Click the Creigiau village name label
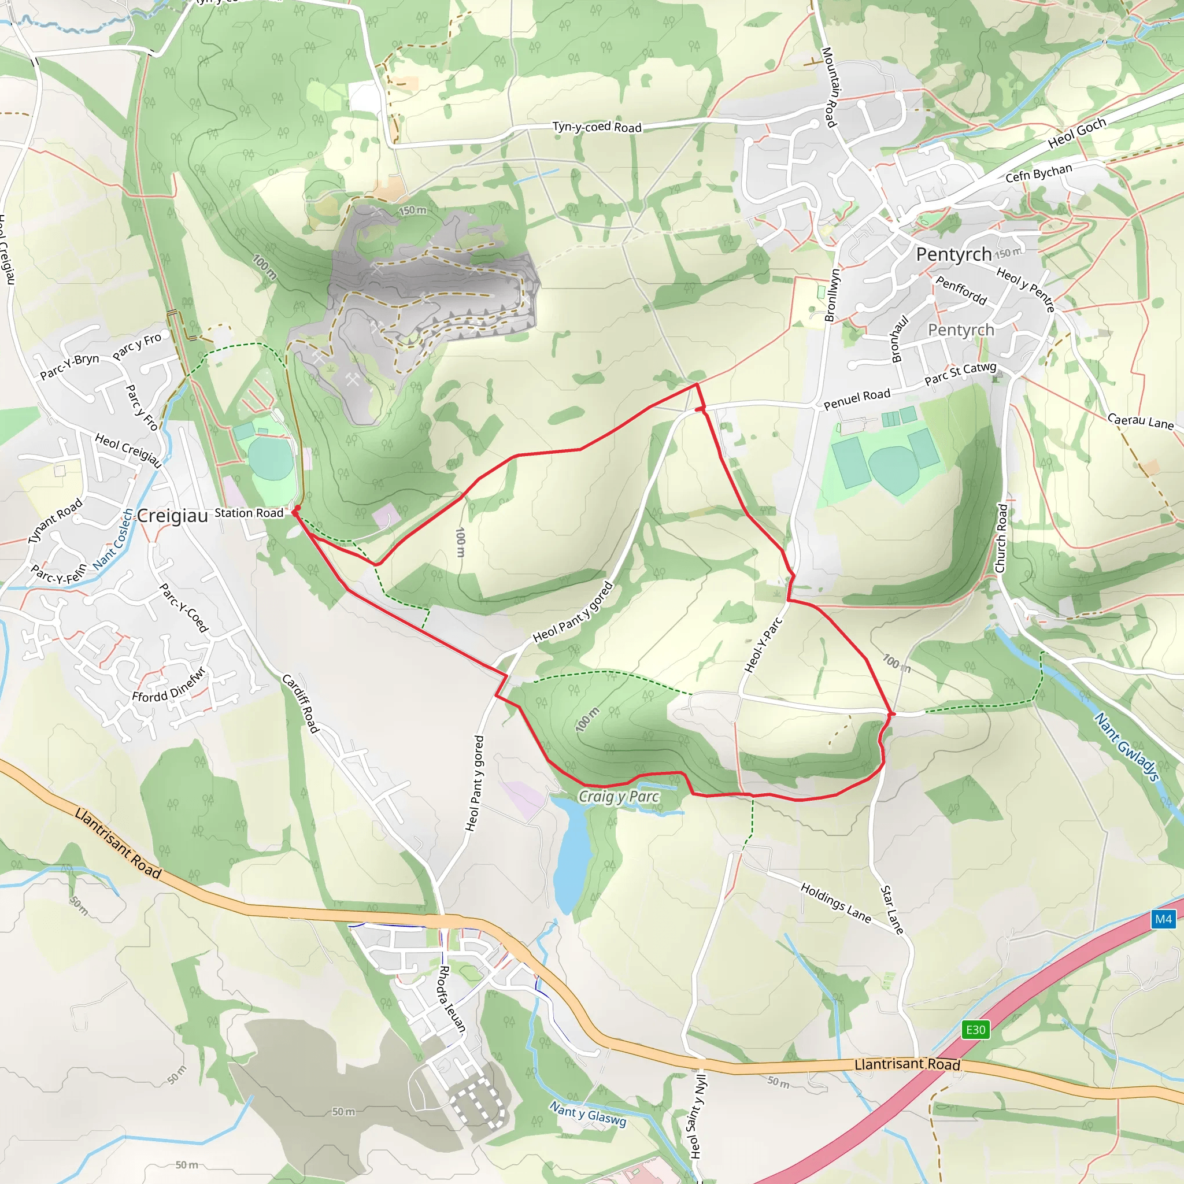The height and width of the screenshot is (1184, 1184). (x=172, y=516)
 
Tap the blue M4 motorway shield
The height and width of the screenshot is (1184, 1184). (x=1163, y=919)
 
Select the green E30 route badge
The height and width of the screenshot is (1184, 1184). (x=976, y=1029)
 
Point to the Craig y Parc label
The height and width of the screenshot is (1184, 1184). (x=619, y=797)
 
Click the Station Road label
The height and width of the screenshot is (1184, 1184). (x=249, y=513)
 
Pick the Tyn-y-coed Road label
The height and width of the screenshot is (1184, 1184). (x=597, y=127)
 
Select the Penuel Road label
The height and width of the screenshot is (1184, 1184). (x=856, y=399)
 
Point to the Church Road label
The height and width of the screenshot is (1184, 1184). (x=1001, y=538)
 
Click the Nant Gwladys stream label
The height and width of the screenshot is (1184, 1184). (x=1126, y=746)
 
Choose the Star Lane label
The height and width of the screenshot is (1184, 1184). (x=891, y=909)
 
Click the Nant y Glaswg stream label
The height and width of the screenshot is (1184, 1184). (x=588, y=1114)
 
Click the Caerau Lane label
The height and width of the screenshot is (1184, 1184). (x=1140, y=421)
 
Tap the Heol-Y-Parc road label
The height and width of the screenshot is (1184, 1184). (x=763, y=645)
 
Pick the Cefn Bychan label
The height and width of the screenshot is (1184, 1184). (x=1039, y=173)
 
